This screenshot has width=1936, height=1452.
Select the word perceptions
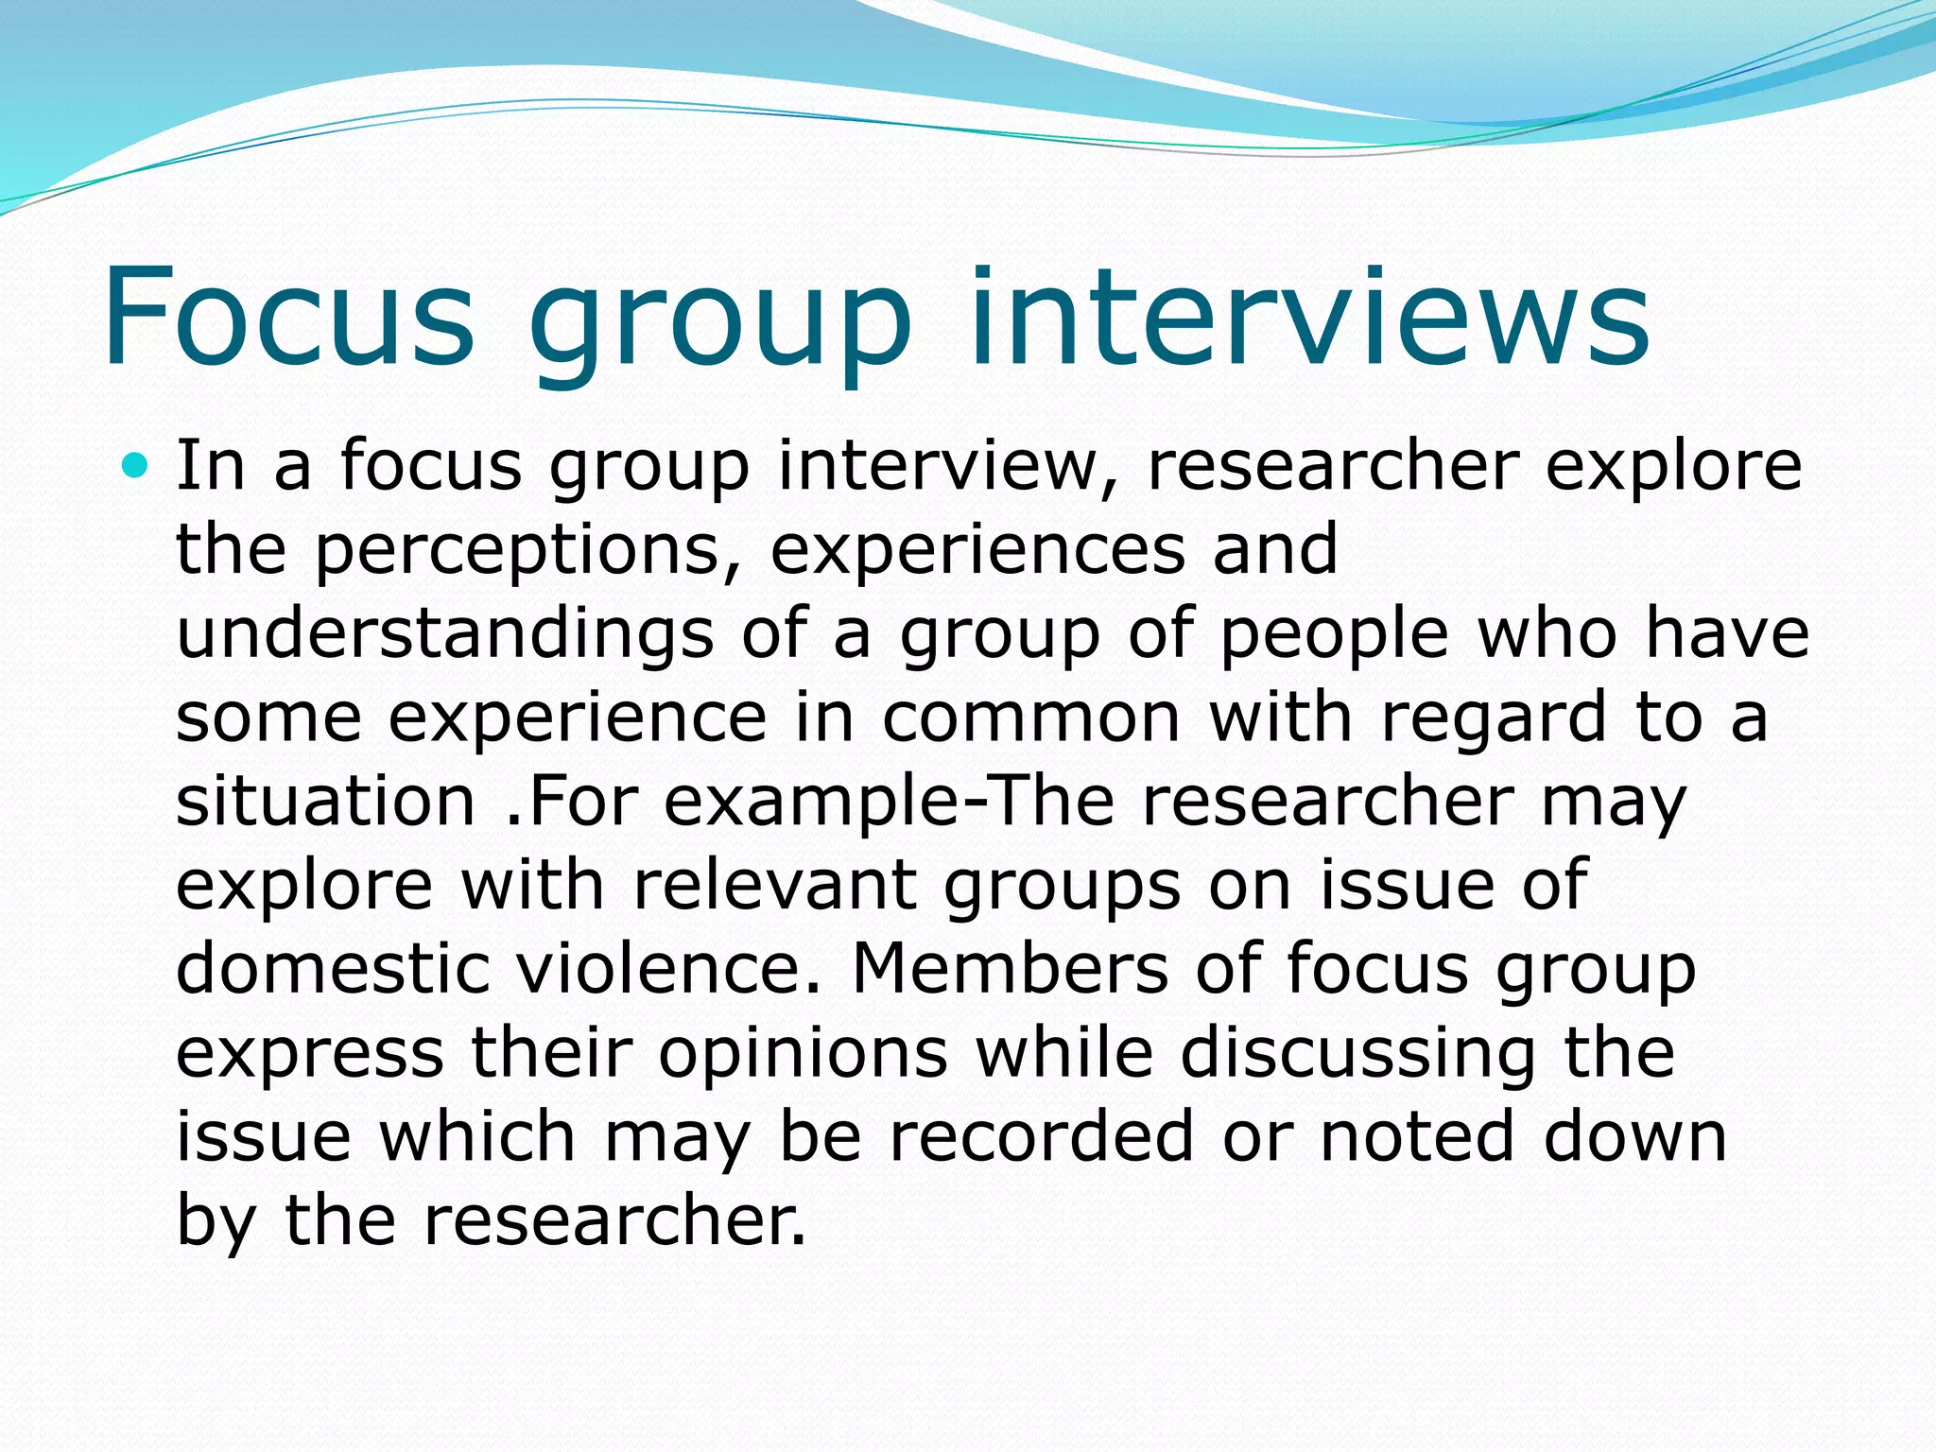click(517, 550)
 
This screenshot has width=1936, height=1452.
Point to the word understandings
click(445, 633)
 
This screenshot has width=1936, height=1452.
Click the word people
click(1334, 633)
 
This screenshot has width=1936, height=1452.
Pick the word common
click(1031, 717)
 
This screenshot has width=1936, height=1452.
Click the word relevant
click(774, 885)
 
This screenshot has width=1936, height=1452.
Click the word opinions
click(803, 1052)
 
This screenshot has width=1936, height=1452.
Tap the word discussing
click(1357, 1052)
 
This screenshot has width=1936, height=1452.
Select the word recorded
click(1042, 1135)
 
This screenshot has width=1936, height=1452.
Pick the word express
click(310, 1052)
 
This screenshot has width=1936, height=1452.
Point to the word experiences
click(977, 550)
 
